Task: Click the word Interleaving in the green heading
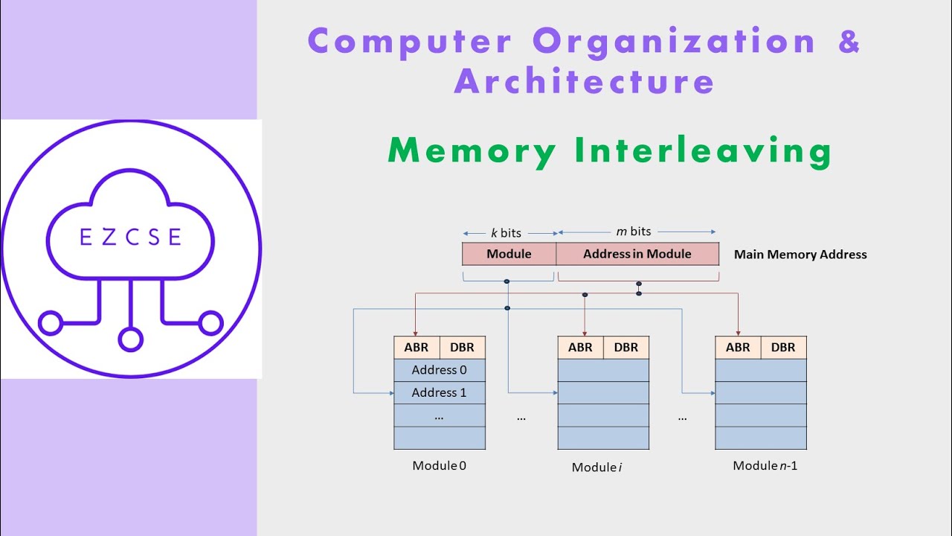703,153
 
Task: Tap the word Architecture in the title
585,80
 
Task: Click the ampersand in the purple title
849,41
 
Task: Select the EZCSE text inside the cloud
130,237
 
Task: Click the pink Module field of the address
509,254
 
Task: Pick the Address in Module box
637,254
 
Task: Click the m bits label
634,232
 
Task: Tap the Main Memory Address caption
800,255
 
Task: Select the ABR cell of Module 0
416,348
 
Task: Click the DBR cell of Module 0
463,348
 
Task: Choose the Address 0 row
440,370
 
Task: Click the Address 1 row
440,392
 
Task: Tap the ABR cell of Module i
580,348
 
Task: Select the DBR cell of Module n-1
783,348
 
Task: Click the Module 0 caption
440,466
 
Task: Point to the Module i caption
597,468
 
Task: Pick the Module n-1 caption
765,466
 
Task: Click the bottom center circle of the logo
130,340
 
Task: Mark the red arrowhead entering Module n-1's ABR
738,332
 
